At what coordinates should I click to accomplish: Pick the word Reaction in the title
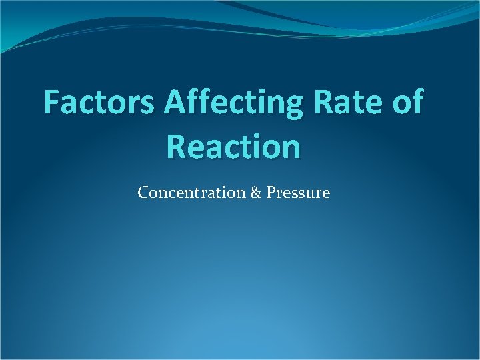click(x=234, y=146)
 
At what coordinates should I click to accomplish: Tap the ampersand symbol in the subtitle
click(x=257, y=193)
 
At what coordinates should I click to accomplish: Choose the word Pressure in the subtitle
click(x=298, y=193)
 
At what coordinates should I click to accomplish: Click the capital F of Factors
click(x=53, y=103)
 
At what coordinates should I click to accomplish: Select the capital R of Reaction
click(x=178, y=146)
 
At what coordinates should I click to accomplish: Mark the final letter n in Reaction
click(x=291, y=149)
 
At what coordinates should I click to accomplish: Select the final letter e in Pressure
click(x=326, y=195)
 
